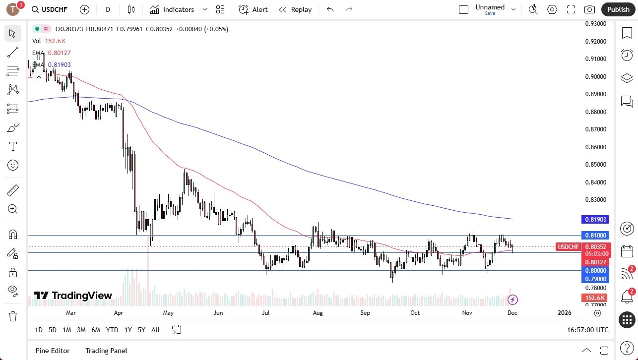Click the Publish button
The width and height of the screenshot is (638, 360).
618,9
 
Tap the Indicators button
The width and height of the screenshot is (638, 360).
172,9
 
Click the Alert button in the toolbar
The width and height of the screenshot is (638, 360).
253,9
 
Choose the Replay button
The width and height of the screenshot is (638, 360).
295,9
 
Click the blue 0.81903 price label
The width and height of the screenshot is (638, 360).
596,219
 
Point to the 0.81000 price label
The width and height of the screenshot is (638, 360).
596,235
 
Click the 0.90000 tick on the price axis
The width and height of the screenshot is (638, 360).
596,76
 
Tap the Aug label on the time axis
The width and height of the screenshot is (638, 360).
318,313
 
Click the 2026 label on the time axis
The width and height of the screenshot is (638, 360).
565,313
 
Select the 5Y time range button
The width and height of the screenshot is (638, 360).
141,330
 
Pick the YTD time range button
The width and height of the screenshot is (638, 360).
112,330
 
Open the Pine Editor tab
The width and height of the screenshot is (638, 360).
53,351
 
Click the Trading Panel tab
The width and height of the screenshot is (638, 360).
106,351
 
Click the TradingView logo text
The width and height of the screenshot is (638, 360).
73,296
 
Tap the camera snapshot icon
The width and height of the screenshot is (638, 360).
589,9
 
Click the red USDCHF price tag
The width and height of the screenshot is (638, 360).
569,247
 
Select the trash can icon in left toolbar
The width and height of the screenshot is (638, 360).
13,316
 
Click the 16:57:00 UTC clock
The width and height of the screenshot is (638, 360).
587,330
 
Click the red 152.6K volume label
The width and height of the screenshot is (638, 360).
595,298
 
